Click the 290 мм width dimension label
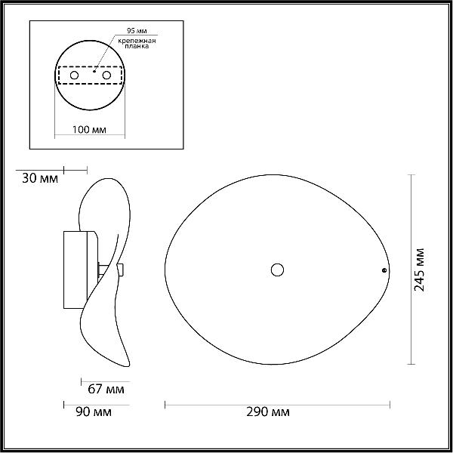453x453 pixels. (267, 411)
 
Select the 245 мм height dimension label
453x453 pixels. (419, 270)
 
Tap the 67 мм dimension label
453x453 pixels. (106, 389)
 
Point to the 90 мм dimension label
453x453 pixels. (94, 411)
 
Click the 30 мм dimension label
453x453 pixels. (40, 178)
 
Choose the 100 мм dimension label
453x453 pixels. (89, 130)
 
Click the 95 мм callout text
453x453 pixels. (137, 31)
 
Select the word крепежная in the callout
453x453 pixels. (137, 41)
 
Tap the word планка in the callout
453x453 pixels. (137, 46)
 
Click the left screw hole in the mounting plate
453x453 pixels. (74, 75)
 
